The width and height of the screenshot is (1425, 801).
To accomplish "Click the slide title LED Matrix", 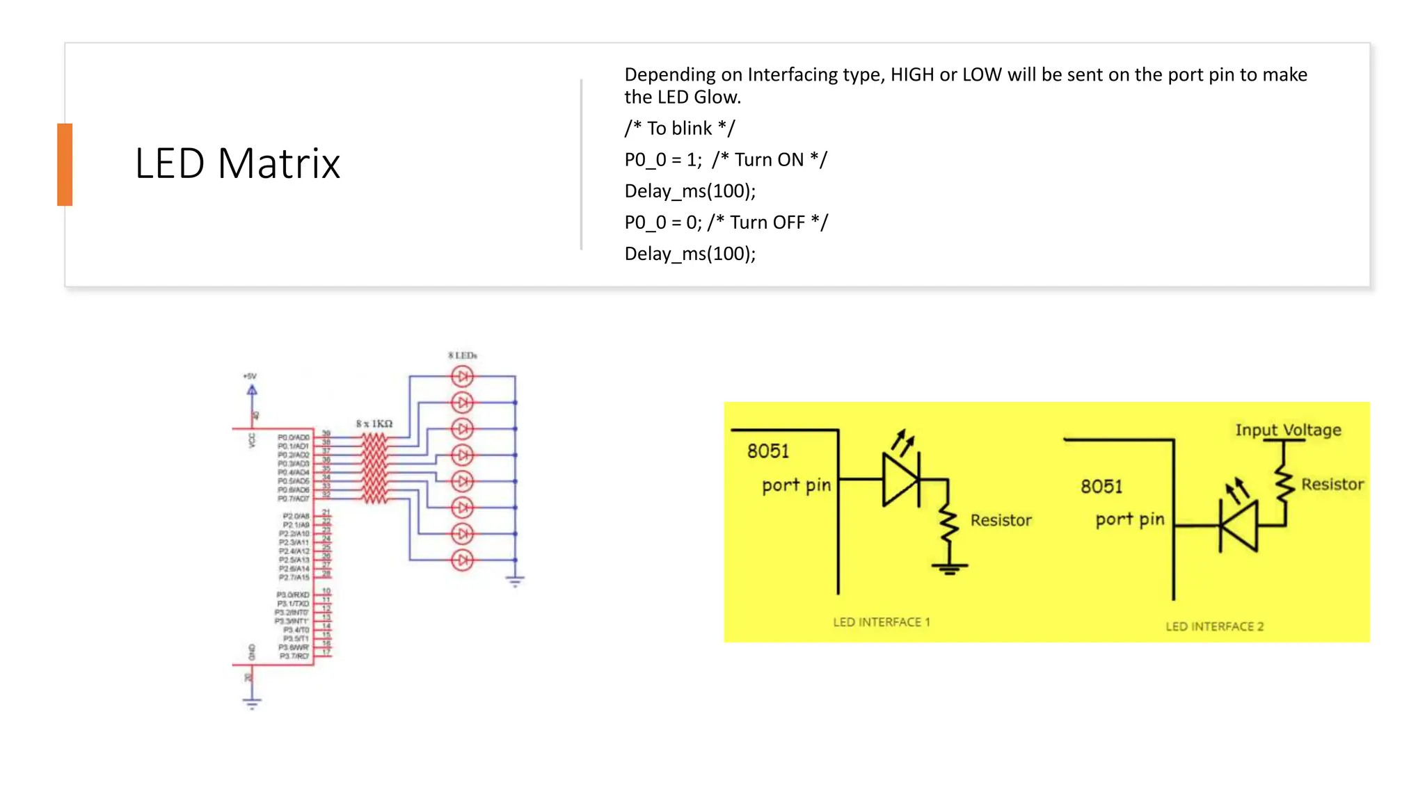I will pyautogui.click(x=237, y=164).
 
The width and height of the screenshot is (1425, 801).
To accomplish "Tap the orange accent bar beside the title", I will pyautogui.click(x=65, y=165).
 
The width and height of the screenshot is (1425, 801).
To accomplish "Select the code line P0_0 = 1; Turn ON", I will pyautogui.click(x=725, y=160).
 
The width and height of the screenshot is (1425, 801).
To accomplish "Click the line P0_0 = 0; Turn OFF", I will pyautogui.click(x=726, y=222).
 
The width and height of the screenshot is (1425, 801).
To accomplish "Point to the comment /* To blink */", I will pyautogui.click(x=679, y=129).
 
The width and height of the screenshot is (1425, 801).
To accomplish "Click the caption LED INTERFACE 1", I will pyautogui.click(x=881, y=622).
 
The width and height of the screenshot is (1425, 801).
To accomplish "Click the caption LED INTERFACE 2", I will pyautogui.click(x=1214, y=626).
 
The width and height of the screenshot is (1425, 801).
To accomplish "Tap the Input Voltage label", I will pyautogui.click(x=1288, y=430).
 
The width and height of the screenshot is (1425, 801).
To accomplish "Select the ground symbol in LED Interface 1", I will pyautogui.click(x=949, y=568).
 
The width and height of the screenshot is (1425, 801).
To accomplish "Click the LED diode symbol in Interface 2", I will pyautogui.click(x=1239, y=526).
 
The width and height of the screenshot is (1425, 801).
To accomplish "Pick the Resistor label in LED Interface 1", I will pyautogui.click(x=1001, y=520).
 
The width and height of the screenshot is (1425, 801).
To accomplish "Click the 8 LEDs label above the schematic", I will pyautogui.click(x=463, y=355).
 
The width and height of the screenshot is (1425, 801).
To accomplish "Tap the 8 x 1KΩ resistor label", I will pyautogui.click(x=374, y=423).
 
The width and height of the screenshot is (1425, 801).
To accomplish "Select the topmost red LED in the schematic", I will pyautogui.click(x=462, y=376).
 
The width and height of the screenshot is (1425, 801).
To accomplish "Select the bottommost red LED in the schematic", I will pyautogui.click(x=462, y=560).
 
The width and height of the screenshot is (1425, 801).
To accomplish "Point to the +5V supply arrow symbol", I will pyautogui.click(x=252, y=390).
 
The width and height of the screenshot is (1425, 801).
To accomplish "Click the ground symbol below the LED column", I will pyautogui.click(x=515, y=581).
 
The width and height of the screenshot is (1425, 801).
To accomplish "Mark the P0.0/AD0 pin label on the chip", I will pyautogui.click(x=294, y=437).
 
